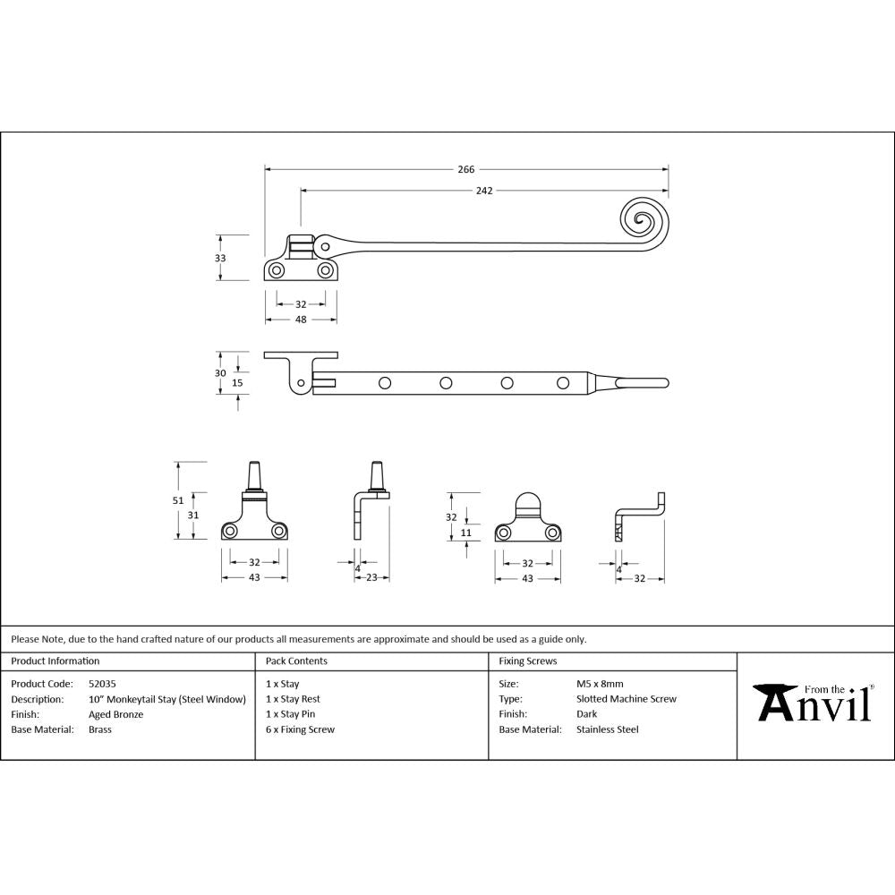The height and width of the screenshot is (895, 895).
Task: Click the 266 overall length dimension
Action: pos(465,169)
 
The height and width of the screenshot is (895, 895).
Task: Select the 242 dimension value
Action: pos(484,191)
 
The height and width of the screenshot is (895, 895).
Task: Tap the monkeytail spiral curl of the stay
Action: pos(643,219)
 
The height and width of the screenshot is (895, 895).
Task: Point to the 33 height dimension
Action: pos(220,258)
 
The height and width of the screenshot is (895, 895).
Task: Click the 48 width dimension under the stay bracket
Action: pos(301,320)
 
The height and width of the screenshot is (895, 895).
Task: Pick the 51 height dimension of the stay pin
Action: pos(177,500)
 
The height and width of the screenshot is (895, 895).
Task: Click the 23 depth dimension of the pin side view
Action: pos(371,578)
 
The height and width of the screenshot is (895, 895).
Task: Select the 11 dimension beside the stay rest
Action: pos(465,533)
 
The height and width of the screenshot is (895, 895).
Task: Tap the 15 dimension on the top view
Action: pos(237,383)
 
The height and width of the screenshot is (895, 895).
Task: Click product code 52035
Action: pos(103,684)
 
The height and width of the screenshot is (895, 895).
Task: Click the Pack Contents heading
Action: pos(296,661)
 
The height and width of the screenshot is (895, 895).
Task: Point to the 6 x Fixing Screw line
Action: pos(300,729)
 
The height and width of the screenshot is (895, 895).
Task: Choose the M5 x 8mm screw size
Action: pos(600,684)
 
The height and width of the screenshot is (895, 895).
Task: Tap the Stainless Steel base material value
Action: pos(608,729)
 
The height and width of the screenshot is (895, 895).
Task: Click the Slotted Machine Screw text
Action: pos(626,699)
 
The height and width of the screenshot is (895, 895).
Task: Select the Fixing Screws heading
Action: pos(528,661)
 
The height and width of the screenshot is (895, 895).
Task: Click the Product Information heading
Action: pos(55,661)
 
